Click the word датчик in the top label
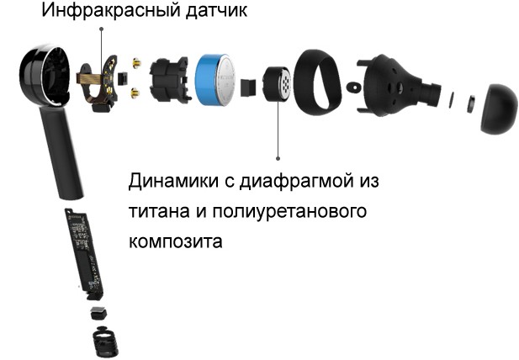[x=216, y=11]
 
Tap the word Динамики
[x=173, y=182]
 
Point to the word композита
[x=176, y=241]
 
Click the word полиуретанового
[x=289, y=212]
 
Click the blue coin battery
[x=215, y=81]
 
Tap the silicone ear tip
[x=499, y=109]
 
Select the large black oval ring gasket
[x=317, y=82]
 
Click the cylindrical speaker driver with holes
[x=278, y=84]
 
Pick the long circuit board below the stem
[x=84, y=252]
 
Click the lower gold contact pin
[x=135, y=93]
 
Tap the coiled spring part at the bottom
[x=106, y=342]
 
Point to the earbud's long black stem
[x=63, y=152]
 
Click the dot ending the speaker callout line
[x=278, y=158]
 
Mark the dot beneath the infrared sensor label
[x=102, y=29]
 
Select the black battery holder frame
[x=170, y=80]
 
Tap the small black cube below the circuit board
[x=99, y=313]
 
